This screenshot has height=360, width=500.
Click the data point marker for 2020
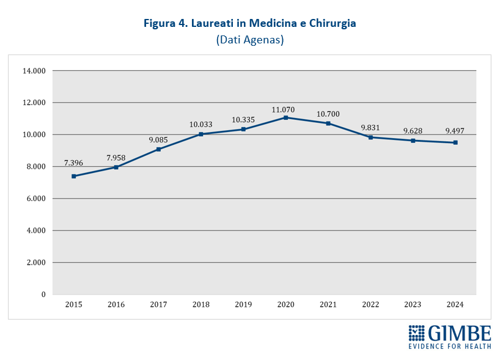click(285, 117)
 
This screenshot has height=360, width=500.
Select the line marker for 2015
click(73, 176)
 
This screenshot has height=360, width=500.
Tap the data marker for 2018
click(200, 134)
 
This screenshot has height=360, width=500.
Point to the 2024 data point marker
click(455, 142)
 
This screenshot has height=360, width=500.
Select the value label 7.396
click(73, 163)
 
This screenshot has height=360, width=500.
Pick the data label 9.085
click(158, 140)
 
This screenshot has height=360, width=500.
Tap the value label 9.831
click(370, 128)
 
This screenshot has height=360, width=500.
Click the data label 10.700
click(328, 114)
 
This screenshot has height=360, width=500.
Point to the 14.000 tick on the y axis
click(34, 71)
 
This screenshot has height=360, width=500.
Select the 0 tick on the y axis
click(43, 295)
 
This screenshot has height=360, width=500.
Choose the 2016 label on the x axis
click(116, 304)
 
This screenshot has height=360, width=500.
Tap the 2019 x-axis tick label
click(243, 304)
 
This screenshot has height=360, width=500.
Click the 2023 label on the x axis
click(413, 304)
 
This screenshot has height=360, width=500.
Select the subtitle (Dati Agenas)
click(250, 40)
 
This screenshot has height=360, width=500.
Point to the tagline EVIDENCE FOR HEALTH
click(450, 347)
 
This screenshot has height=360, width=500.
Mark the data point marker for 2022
click(370, 137)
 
